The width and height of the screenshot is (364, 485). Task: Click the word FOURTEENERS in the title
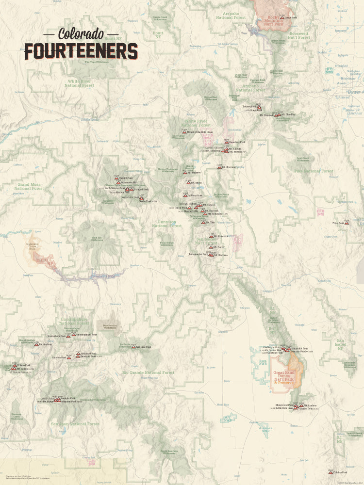(81, 51)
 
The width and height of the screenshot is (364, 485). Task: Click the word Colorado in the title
(81, 33)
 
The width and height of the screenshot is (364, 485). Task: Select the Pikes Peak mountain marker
(347, 223)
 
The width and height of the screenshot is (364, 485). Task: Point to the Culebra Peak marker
(331, 472)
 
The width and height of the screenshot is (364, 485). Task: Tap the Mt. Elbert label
(196, 183)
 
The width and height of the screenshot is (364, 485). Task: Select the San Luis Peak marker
(133, 347)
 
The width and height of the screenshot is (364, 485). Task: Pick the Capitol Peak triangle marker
(116, 178)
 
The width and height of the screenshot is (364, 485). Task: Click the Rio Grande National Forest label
(148, 372)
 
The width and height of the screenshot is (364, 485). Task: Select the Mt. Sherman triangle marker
(219, 167)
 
